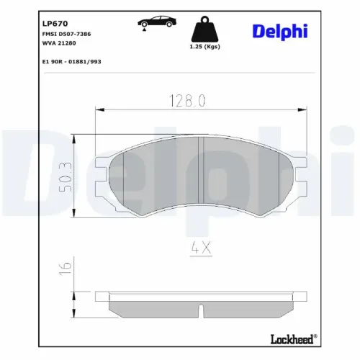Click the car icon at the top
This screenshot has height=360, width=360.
[x=151, y=22]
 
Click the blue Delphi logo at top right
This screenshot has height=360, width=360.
[x=280, y=30]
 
